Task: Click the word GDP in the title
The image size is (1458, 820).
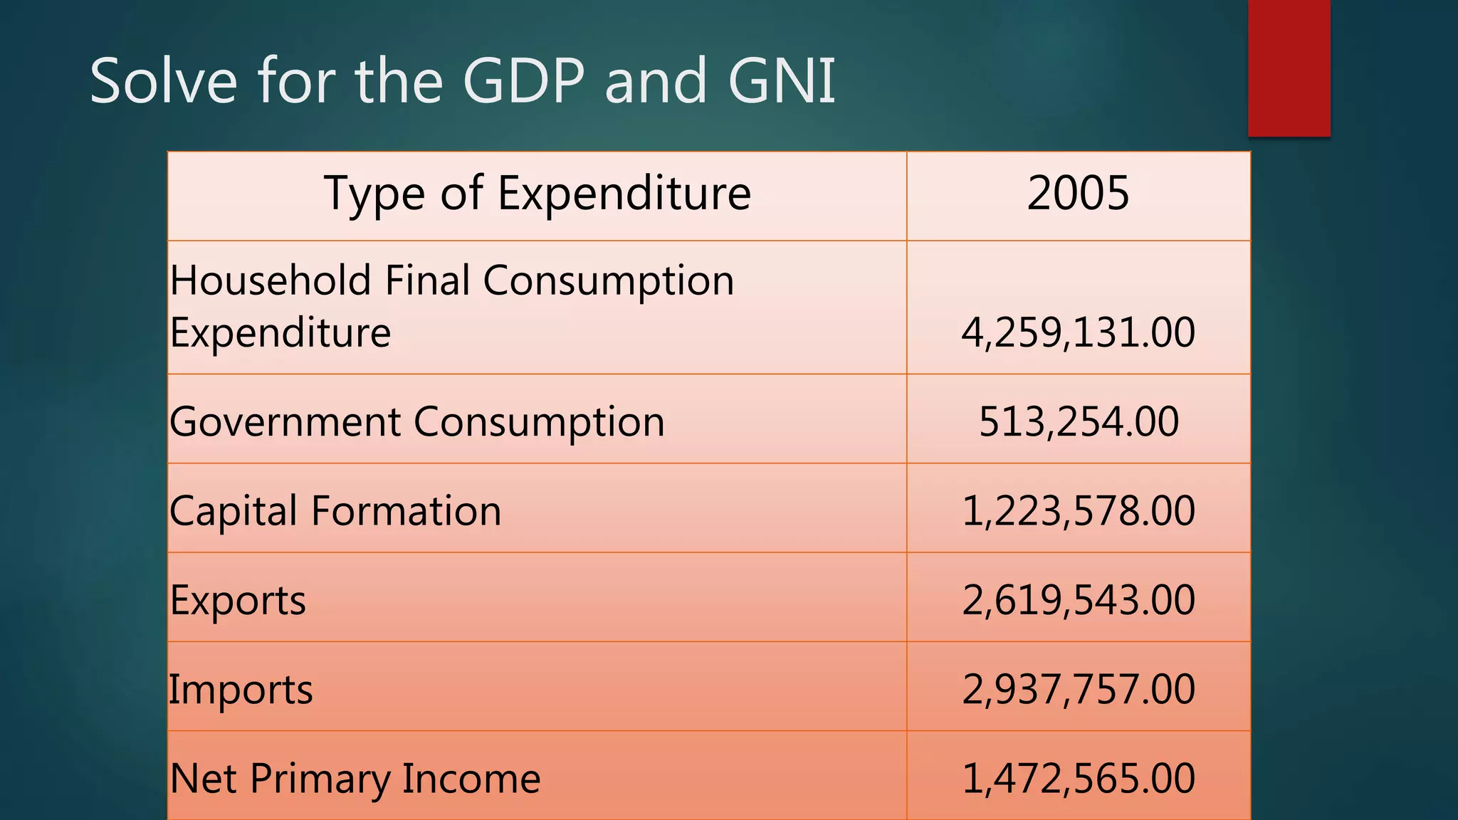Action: [x=523, y=81]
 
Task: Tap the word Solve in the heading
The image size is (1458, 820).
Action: [x=163, y=81]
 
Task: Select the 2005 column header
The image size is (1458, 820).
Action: [x=1078, y=194]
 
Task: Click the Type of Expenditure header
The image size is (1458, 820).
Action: [x=537, y=194]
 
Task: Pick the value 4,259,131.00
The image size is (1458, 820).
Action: [x=1078, y=332]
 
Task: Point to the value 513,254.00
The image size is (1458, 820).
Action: [x=1078, y=421]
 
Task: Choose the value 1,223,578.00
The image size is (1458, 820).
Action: [x=1078, y=511]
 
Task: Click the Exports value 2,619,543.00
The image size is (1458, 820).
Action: [x=1078, y=600]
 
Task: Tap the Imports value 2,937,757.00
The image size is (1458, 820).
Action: [x=1078, y=689]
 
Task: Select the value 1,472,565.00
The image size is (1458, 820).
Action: [x=1078, y=778]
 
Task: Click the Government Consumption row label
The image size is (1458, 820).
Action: [x=417, y=422]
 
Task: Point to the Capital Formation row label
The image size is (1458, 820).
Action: [x=335, y=511]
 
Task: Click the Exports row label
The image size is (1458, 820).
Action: [x=238, y=601]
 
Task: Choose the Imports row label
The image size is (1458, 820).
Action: [x=241, y=690]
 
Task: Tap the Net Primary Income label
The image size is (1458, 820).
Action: [x=355, y=779]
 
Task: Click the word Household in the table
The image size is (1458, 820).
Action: [x=271, y=280]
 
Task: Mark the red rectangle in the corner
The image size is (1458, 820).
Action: [x=1289, y=68]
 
